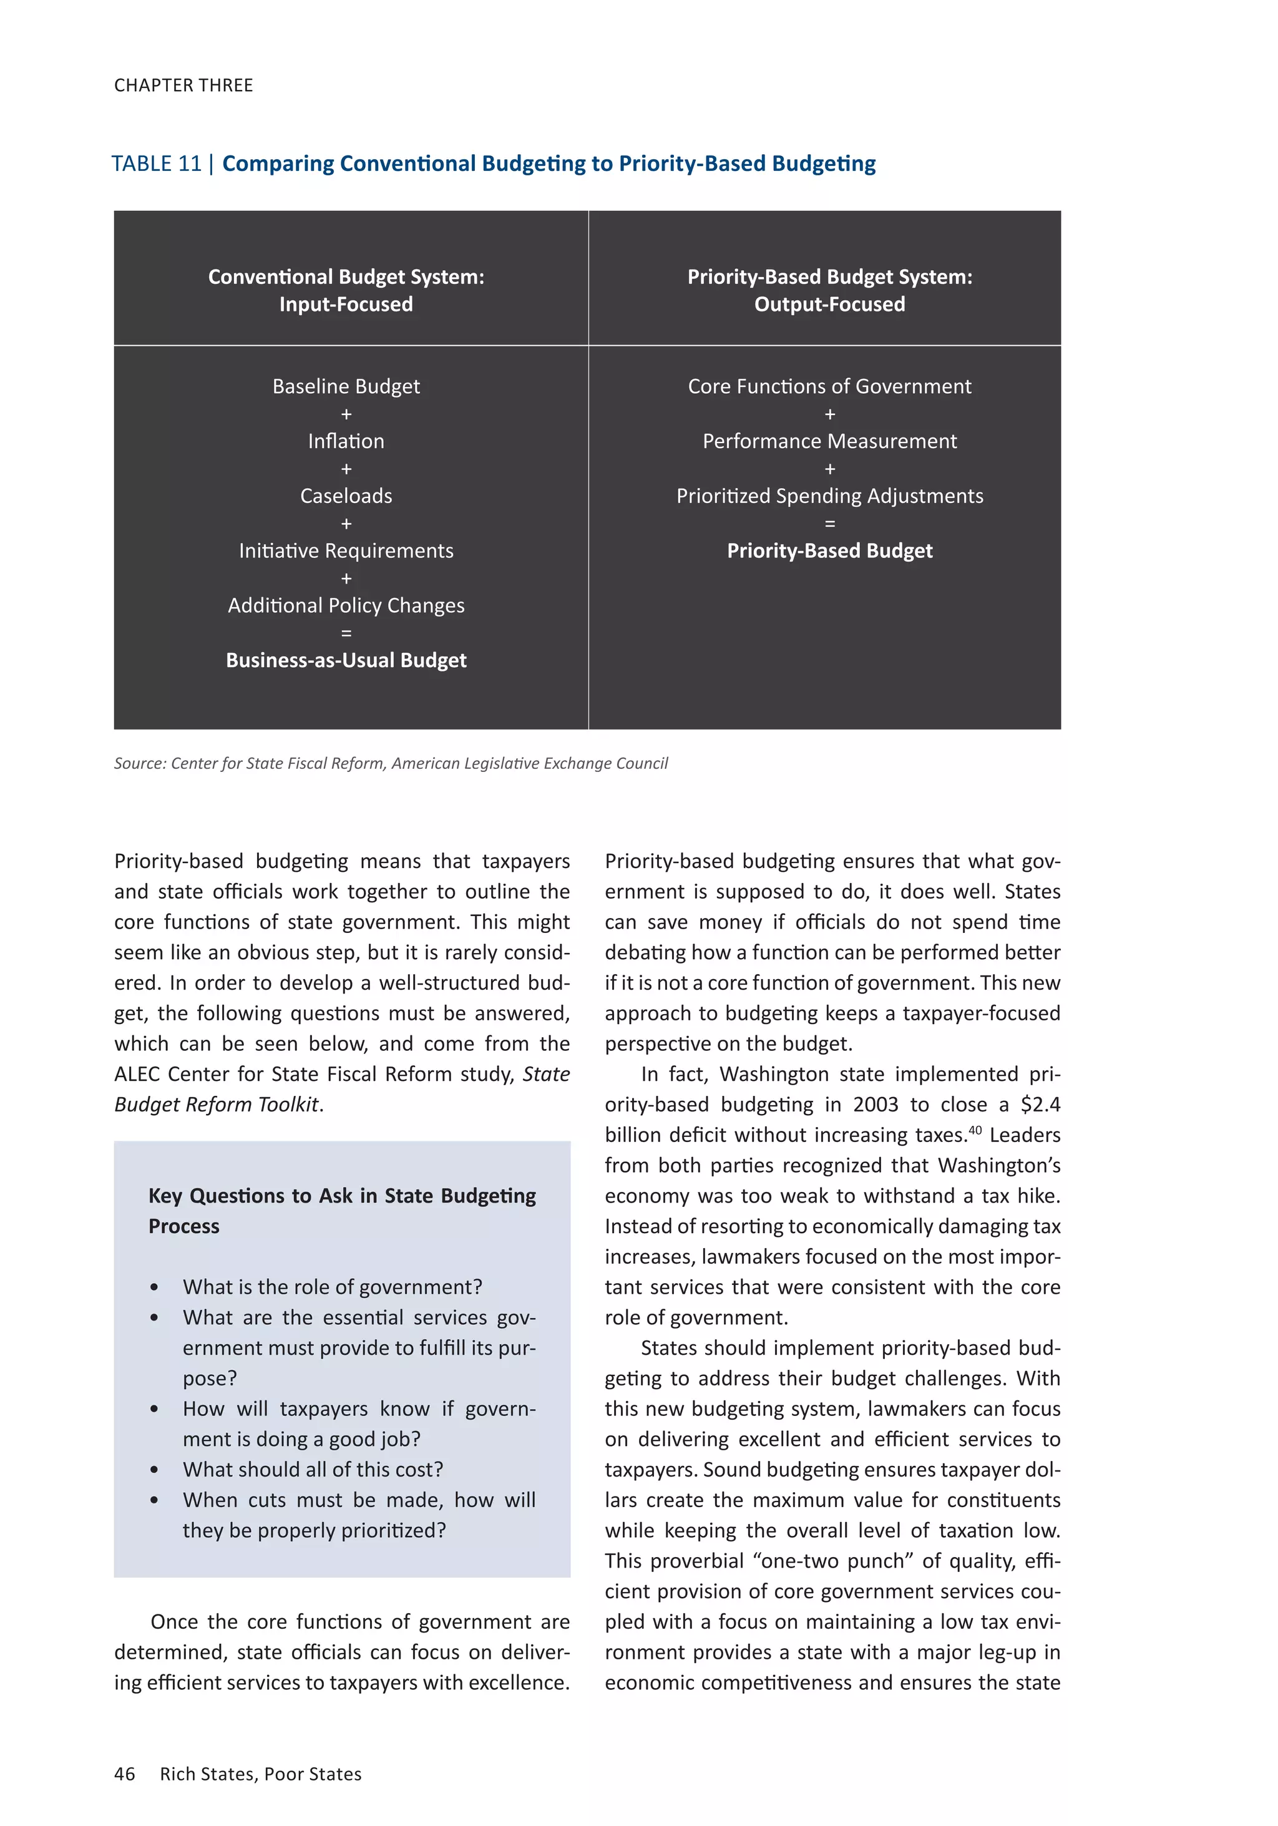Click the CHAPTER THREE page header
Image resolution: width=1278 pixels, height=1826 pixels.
pos(183,85)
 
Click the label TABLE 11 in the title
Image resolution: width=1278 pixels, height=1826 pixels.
pos(156,164)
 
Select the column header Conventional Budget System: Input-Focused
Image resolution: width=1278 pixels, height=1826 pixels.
pos(346,290)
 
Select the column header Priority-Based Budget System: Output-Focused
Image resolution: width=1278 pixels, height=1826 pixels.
pos(829,290)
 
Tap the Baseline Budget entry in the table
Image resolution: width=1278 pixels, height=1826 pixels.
pos(346,386)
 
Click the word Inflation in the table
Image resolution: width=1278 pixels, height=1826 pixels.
pos(346,441)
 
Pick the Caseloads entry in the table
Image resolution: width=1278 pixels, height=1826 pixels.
pos(346,496)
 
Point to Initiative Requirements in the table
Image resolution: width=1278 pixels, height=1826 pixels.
pos(346,551)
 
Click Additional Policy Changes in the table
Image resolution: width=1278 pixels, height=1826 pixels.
pos(346,606)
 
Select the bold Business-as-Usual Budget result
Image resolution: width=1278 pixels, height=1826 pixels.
pos(346,661)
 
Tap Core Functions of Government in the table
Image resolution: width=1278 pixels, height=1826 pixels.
pos(829,386)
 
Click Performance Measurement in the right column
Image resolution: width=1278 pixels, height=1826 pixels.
pos(829,441)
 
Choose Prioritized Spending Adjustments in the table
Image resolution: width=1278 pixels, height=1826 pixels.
pos(829,496)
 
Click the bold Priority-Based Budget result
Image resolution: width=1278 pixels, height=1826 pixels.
pos(829,551)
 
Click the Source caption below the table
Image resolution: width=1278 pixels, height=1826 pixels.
pos(391,763)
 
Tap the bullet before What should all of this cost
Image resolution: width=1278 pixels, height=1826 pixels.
pos(154,1470)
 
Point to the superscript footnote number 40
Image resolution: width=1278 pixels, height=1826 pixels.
pos(975,1130)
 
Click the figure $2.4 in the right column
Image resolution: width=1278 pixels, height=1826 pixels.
pos(1040,1105)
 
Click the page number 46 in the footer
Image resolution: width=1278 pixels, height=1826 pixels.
pos(125,1774)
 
